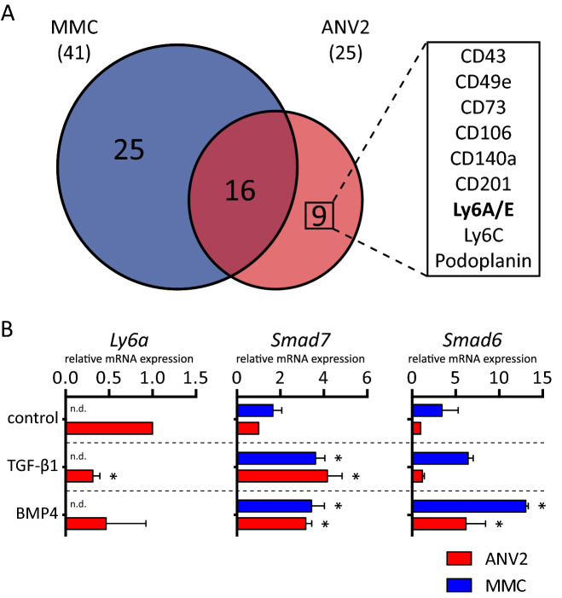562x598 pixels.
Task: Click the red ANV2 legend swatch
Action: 465,558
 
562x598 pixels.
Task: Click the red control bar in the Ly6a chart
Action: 109,428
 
